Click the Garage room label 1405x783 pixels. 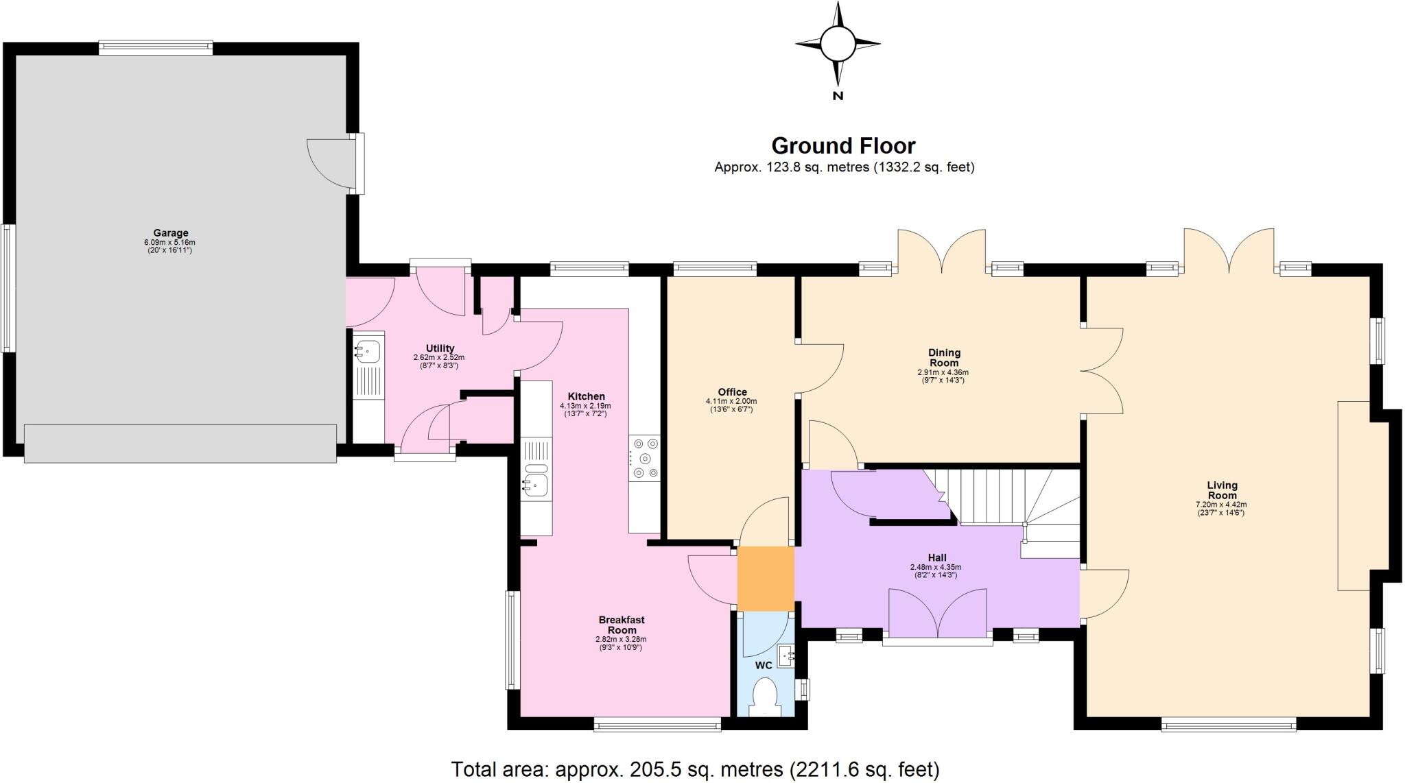[x=170, y=233]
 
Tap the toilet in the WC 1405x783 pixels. [x=764, y=696]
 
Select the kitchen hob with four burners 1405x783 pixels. [x=645, y=458]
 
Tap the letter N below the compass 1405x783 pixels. [x=838, y=96]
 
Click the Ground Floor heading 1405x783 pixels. [x=843, y=146]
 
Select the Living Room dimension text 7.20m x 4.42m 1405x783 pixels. [x=1222, y=504]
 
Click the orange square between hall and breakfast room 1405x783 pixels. [x=766, y=578]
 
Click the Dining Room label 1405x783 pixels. [x=944, y=358]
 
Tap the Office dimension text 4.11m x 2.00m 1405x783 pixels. [x=731, y=401]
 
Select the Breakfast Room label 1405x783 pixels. [x=622, y=625]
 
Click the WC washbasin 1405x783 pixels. [x=786, y=655]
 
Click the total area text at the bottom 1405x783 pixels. [x=695, y=769]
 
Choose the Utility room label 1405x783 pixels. [x=440, y=348]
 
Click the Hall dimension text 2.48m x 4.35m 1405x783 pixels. [x=935, y=567]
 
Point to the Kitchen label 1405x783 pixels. [x=587, y=396]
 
